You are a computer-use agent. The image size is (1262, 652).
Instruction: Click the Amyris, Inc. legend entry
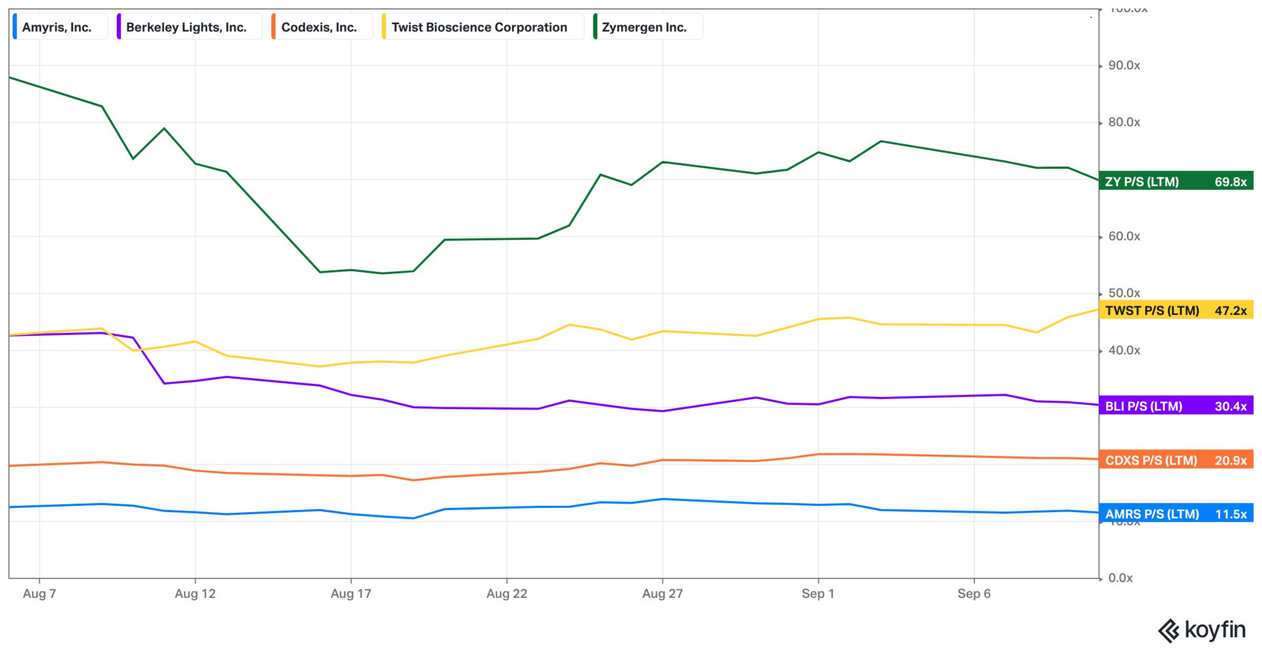pos(57,27)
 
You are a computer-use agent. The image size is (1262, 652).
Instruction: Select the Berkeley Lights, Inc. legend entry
pos(186,27)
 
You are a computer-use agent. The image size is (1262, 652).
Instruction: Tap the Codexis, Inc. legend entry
pos(319,27)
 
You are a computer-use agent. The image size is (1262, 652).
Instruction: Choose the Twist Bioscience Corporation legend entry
pos(479,27)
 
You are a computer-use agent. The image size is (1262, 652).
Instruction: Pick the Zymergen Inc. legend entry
pos(644,27)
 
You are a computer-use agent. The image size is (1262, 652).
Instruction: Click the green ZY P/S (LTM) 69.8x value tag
pos(1176,181)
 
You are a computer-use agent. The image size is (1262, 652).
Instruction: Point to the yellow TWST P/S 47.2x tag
pos(1176,310)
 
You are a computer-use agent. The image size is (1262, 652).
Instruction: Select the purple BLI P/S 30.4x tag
pos(1176,406)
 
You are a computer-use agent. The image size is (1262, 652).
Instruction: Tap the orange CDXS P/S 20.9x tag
pos(1176,460)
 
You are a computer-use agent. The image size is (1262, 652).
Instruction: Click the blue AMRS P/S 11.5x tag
pos(1176,513)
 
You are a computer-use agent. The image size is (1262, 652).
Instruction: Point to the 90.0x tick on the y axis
pos(1124,65)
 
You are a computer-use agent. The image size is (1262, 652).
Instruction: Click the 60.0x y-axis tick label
pos(1124,236)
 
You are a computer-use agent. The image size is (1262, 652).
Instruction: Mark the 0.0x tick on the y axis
pos(1120,578)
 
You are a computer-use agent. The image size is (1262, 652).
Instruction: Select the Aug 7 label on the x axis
pos(39,593)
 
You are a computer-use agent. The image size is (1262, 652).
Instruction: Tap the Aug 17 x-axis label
pos(351,593)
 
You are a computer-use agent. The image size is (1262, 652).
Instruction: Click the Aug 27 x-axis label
pos(662,593)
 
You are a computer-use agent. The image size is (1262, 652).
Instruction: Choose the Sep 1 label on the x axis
pos(818,593)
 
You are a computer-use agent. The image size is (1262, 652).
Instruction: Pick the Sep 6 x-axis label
pos(974,593)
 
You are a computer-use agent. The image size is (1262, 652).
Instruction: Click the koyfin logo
pos(1202,630)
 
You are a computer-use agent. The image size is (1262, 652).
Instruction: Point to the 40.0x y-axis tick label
pos(1124,350)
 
